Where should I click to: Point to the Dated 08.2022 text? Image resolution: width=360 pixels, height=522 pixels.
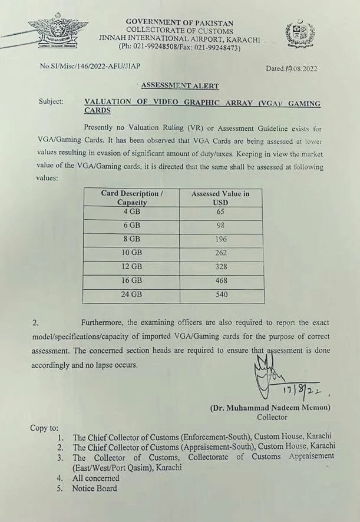292,68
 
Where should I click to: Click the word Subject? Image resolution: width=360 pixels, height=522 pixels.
51,101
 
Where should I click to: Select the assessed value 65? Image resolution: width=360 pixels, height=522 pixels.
221,212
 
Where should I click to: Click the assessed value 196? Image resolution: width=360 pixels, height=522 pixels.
221,239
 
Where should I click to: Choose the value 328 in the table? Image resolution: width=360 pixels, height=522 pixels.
221,266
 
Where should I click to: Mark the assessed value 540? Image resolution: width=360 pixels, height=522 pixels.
221,295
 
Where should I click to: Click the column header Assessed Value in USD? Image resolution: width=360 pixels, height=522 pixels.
221,197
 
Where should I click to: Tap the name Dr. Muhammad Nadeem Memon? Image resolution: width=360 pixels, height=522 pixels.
270,408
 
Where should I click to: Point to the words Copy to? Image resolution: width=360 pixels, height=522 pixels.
44,428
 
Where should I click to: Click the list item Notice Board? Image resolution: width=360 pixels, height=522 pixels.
94,488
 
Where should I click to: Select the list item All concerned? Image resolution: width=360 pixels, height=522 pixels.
95,478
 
